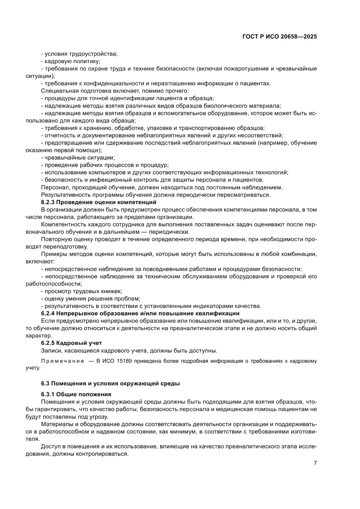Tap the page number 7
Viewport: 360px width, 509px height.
coord(315,463)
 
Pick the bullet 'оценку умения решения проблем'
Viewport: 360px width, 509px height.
coord(91,298)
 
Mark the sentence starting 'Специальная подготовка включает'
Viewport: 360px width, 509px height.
coord(114,91)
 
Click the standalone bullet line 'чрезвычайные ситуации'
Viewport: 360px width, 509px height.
coord(78,158)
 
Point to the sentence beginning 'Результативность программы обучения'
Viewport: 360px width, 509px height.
coord(155,195)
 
